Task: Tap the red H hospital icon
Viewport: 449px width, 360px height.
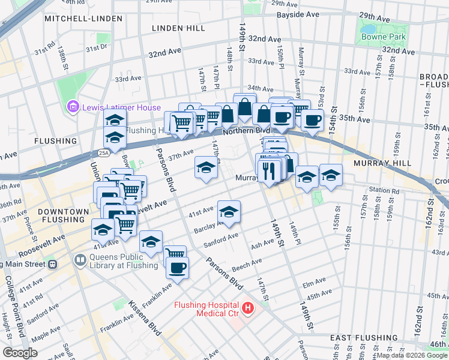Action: [248, 309]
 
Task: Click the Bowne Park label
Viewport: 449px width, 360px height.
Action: [383, 37]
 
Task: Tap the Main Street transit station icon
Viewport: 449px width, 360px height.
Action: [52, 263]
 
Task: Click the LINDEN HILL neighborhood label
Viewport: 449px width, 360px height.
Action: [178, 28]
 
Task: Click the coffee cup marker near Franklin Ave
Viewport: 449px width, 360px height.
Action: [177, 267]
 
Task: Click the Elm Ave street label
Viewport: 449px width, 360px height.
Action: [315, 283]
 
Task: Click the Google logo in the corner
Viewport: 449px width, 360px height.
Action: [20, 352]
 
